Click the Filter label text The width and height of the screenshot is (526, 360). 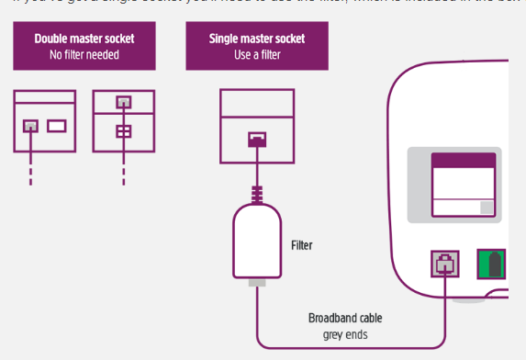302,245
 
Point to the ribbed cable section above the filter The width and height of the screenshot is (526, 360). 258,194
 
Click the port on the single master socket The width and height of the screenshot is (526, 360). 258,140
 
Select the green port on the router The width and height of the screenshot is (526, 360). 491,264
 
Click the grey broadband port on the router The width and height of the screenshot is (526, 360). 444,264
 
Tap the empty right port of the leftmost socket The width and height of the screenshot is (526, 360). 57,126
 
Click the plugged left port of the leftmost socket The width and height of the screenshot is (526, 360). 31,126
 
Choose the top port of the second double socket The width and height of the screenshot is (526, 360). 123,103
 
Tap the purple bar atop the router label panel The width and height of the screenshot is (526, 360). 463,161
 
